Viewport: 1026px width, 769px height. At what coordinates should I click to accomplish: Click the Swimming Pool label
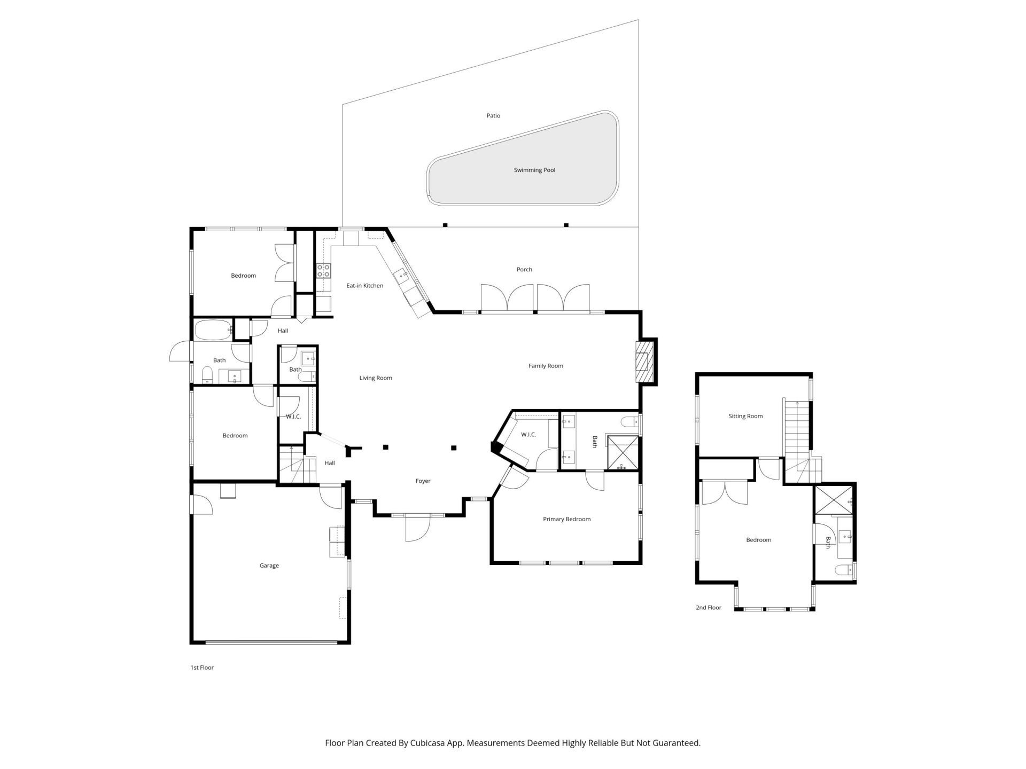point(534,170)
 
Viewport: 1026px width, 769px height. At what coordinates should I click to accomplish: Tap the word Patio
point(493,115)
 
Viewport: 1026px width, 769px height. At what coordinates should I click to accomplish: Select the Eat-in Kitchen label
point(364,286)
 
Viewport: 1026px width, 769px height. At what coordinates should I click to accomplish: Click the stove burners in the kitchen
point(323,270)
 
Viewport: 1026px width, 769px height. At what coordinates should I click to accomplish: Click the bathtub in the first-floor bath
point(213,331)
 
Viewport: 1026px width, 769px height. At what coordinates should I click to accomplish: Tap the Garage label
point(269,566)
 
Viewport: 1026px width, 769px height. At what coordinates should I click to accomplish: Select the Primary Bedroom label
point(566,519)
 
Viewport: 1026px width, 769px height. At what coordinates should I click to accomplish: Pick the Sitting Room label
point(745,416)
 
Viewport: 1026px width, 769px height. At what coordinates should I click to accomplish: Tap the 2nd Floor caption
point(708,608)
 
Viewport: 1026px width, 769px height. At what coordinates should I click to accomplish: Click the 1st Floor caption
point(202,668)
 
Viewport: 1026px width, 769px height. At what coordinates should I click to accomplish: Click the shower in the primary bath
point(623,453)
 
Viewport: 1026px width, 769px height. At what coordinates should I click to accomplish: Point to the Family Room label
point(546,366)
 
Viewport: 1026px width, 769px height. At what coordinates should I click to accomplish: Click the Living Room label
point(375,378)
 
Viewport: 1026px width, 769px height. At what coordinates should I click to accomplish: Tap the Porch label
point(524,270)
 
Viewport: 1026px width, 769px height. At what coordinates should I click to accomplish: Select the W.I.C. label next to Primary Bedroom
point(528,435)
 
